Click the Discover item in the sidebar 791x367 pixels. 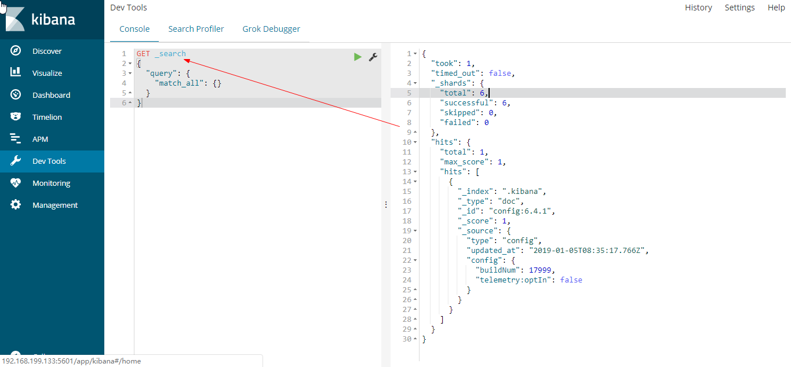(46, 51)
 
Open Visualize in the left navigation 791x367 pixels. (47, 73)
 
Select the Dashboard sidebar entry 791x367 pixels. (51, 95)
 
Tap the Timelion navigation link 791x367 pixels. (47, 117)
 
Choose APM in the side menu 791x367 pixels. (40, 139)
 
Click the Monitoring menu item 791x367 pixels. (51, 183)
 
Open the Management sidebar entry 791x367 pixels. (54, 205)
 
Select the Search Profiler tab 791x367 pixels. (196, 29)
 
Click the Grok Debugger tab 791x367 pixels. (271, 29)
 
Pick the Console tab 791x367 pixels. (134, 29)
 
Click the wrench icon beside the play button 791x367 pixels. (373, 57)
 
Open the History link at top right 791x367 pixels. (698, 8)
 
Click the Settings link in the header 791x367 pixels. (739, 8)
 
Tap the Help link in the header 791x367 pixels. (776, 8)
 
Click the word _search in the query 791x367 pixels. (170, 54)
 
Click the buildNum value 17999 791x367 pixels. (542, 270)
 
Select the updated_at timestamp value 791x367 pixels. (587, 250)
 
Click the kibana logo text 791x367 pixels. (53, 19)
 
